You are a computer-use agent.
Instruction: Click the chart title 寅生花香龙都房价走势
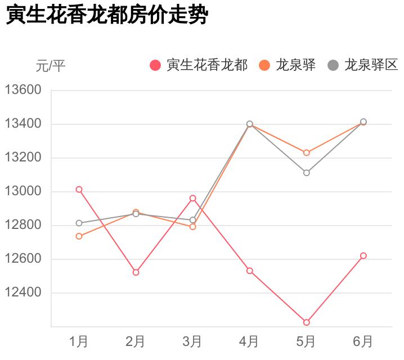pos(107,15)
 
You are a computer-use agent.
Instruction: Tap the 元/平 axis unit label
pos(51,66)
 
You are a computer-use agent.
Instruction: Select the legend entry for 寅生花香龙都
pos(199,65)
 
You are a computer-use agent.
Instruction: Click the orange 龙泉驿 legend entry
pos(288,65)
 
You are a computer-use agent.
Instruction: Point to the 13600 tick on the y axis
pos(24,90)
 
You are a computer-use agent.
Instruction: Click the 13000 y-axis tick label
pos(24,191)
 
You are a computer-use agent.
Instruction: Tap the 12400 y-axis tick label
pos(24,292)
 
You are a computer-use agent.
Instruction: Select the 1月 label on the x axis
pos(79,341)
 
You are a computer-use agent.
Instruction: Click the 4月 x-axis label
pos(249,341)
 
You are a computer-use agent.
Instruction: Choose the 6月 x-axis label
pos(363,341)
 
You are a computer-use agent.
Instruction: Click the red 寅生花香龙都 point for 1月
pos(79,190)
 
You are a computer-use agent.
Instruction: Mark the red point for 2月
pos(136,272)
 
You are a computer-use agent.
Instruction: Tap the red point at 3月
pos(192,198)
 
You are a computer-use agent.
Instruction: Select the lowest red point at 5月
pos(306,322)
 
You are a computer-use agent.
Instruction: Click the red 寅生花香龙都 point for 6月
pos(363,255)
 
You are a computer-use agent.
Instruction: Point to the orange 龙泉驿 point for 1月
pos(79,236)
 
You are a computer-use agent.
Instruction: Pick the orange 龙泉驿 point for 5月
pos(306,152)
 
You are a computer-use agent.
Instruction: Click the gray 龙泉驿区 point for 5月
pos(306,173)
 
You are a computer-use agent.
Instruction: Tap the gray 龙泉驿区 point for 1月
pos(79,223)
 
